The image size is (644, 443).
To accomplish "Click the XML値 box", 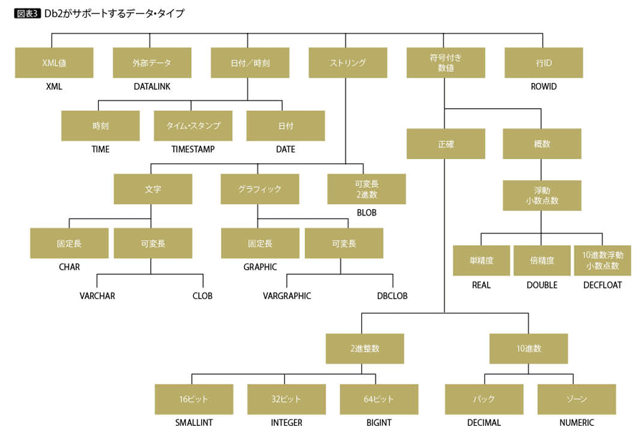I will click(x=54, y=63).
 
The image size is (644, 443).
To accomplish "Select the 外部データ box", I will click(x=152, y=63).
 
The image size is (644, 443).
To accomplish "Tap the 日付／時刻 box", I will click(x=250, y=63).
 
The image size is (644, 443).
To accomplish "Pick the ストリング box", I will click(x=348, y=63).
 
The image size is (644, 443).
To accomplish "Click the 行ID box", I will click(x=544, y=63).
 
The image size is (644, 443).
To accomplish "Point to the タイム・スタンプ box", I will click(x=193, y=125).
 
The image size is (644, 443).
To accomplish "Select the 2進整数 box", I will click(x=365, y=349).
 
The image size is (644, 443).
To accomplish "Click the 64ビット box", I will click(x=379, y=399).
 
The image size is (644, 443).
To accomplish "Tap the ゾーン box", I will click(x=577, y=399).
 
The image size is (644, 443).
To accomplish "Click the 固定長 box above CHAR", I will click(x=69, y=243).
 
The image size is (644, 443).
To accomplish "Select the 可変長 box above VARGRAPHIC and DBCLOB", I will click(x=344, y=243).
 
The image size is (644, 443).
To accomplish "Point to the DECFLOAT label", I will click(x=602, y=285).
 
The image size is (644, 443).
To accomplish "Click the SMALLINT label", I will click(x=194, y=423).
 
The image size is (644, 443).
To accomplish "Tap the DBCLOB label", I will click(x=391, y=296).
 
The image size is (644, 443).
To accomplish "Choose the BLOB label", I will click(x=366, y=213).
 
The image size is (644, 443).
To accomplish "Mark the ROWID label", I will click(x=544, y=87).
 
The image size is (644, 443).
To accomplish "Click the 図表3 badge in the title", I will click(x=26, y=13).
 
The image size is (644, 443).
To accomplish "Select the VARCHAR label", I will click(x=97, y=296).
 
